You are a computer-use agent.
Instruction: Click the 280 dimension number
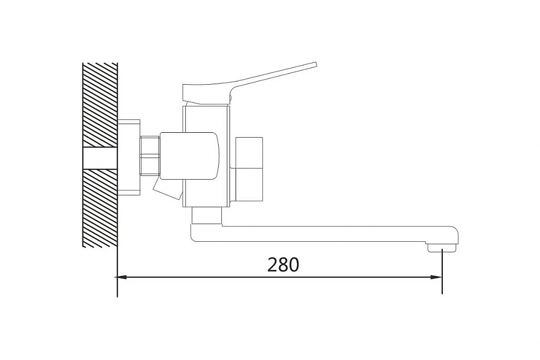tap(283, 264)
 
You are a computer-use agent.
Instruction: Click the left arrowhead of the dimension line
tap(122, 277)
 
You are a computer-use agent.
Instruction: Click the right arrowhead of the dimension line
tap(437, 277)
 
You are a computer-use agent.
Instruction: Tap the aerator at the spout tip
tap(442, 247)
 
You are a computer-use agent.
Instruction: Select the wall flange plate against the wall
tap(129, 157)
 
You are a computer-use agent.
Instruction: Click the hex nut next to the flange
tap(150, 155)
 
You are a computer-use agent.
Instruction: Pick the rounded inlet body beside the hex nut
tap(190, 156)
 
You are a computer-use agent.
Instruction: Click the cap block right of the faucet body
tap(249, 168)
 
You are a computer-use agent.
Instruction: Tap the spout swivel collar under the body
tap(206, 216)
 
